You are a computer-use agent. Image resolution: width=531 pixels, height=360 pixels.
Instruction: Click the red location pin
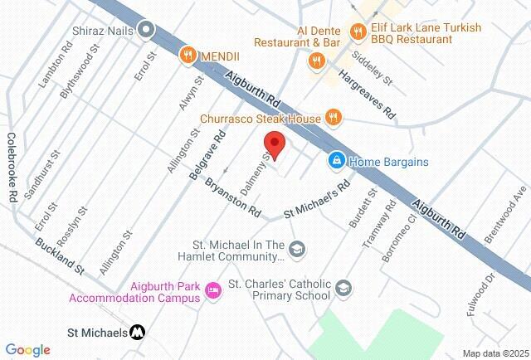(x=275, y=144)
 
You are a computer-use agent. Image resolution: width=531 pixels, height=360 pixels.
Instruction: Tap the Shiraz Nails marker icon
(x=147, y=30)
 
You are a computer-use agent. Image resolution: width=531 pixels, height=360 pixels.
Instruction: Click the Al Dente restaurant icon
(x=315, y=60)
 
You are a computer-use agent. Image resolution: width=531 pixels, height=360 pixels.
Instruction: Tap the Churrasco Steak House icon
(x=333, y=118)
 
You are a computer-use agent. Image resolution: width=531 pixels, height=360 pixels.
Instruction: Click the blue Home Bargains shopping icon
(x=336, y=161)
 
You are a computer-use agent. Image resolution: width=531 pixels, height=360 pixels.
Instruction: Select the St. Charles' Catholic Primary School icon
(x=343, y=289)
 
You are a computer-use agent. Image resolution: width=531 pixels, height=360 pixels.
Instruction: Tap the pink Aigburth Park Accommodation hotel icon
(x=213, y=289)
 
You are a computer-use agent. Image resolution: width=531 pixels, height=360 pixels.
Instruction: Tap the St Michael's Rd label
(x=314, y=204)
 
